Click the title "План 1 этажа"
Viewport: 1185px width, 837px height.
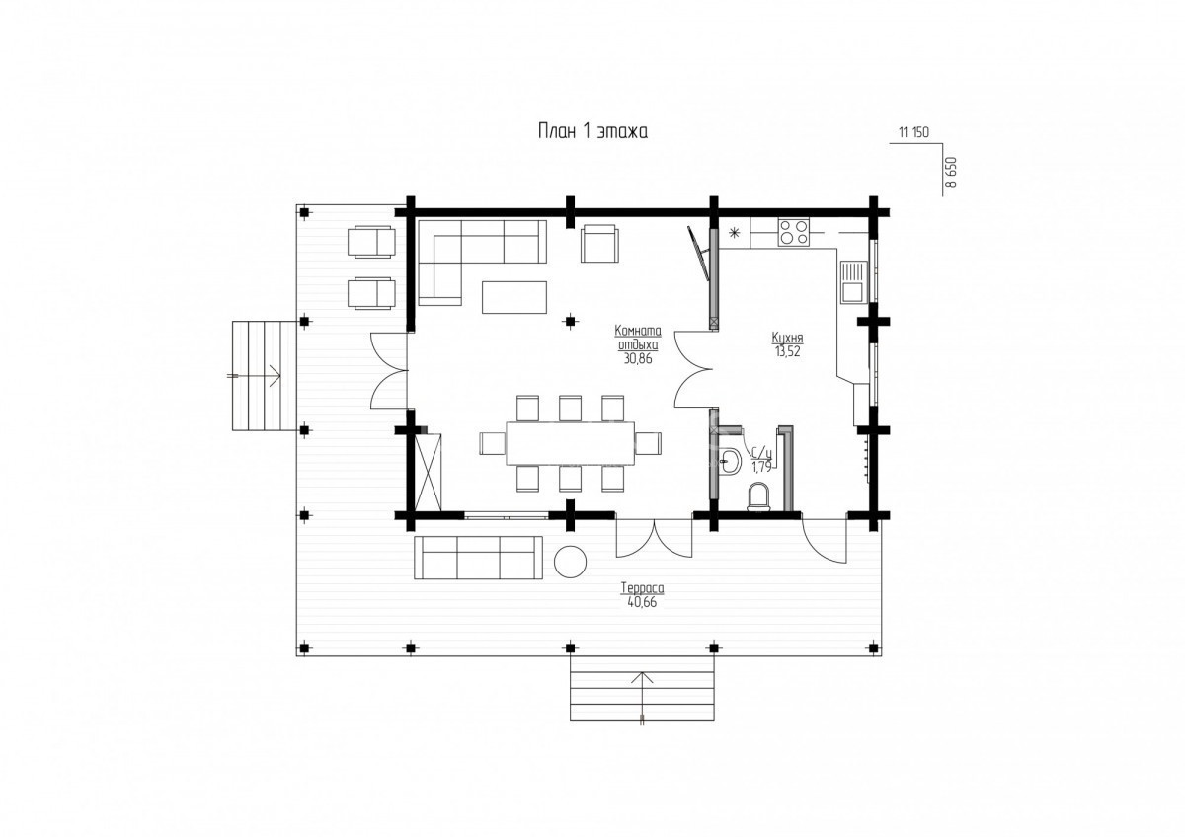[x=592, y=131]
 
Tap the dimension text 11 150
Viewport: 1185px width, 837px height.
[x=913, y=132]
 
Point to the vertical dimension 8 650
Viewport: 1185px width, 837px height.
[x=951, y=173]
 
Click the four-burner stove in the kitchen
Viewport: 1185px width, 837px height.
[x=794, y=232]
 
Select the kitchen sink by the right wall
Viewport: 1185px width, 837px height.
[x=852, y=281]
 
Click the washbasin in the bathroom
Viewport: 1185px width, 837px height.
[x=730, y=461]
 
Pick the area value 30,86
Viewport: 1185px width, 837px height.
[x=638, y=359]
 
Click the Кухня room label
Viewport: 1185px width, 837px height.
[x=788, y=338]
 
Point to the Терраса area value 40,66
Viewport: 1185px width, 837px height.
[x=642, y=602]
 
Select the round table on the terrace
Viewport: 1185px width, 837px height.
[x=571, y=562]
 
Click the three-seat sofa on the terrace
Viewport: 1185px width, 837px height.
[x=478, y=558]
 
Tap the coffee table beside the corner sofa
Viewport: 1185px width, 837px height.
[x=514, y=297]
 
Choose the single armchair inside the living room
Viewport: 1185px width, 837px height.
[x=600, y=243]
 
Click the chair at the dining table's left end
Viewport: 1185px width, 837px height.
[x=493, y=443]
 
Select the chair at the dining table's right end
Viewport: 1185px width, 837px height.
[x=648, y=443]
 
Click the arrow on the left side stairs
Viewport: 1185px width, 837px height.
[x=254, y=376]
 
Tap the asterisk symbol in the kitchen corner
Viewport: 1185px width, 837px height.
[x=734, y=232]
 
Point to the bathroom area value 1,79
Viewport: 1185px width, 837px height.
[x=761, y=466]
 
